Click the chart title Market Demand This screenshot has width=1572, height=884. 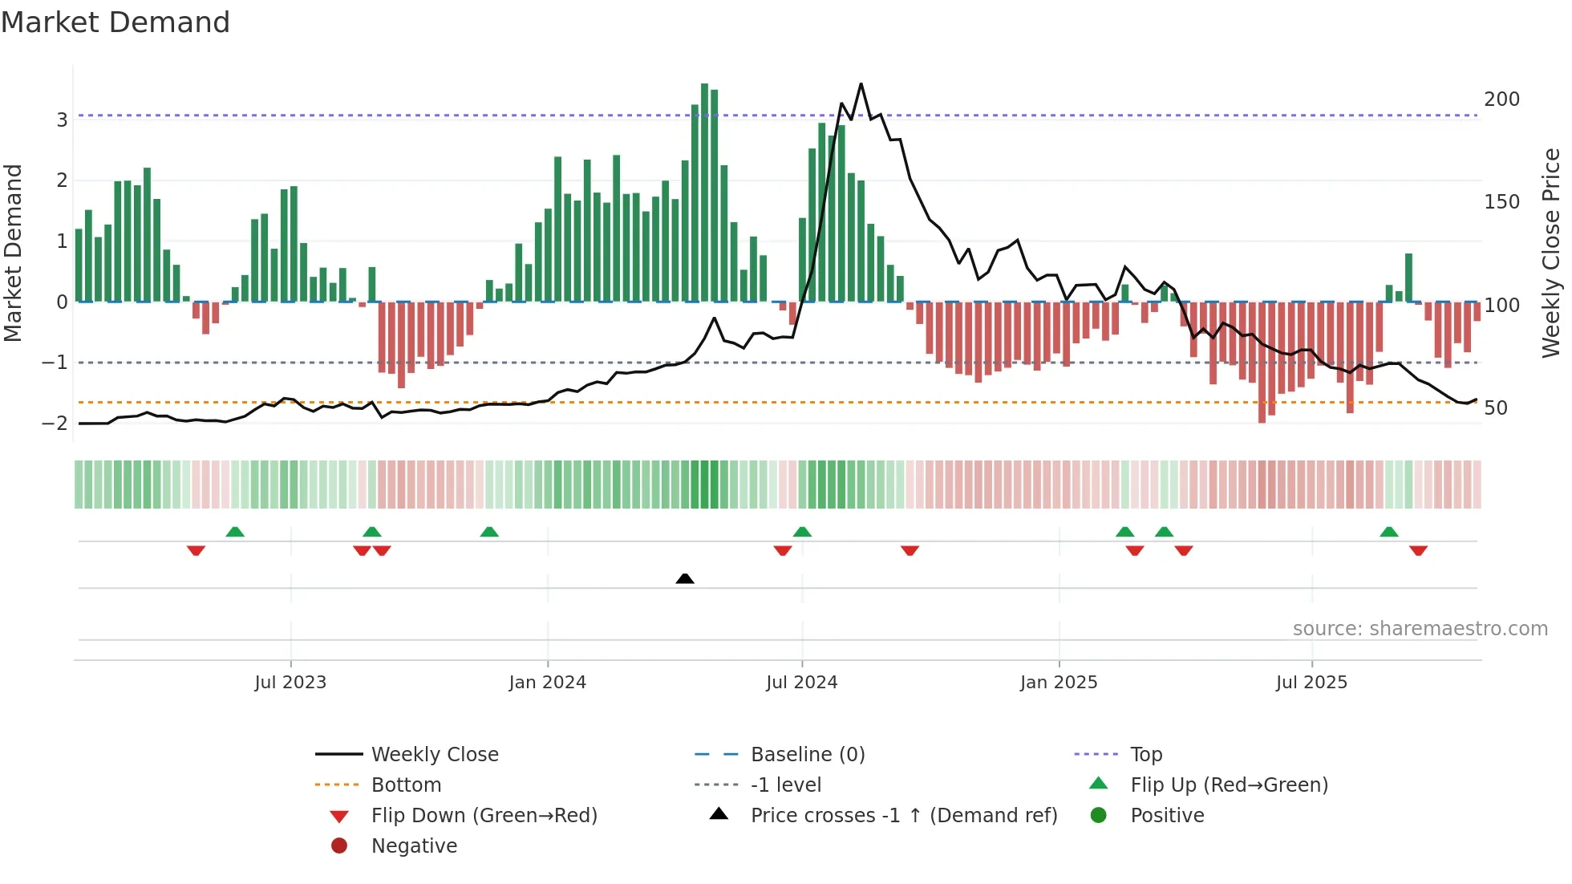click(x=115, y=22)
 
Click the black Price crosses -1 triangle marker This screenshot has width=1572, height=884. click(x=685, y=578)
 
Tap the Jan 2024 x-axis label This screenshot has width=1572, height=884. click(x=547, y=683)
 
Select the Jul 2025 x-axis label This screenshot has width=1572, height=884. click(x=1311, y=683)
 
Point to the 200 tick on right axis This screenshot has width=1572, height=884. click(x=1501, y=99)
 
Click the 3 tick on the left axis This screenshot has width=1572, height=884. click(x=62, y=120)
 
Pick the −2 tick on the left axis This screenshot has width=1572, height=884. click(x=55, y=424)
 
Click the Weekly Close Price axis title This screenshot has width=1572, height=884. click(x=1551, y=253)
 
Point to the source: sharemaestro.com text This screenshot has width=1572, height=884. click(x=1420, y=629)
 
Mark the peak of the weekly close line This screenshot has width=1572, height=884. click(x=861, y=84)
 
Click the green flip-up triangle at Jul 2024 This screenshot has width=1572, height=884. click(x=802, y=532)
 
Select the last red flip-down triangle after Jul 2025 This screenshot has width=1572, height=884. click(x=1418, y=551)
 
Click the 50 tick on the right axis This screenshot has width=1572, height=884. click(x=1496, y=408)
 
